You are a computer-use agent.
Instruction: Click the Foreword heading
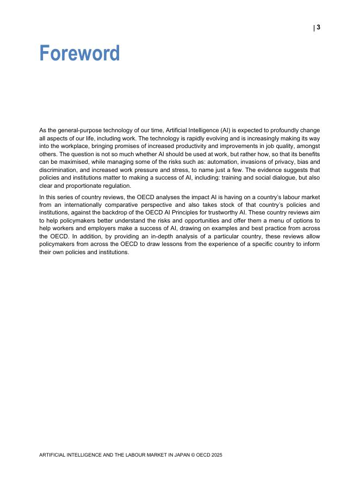click(x=79, y=53)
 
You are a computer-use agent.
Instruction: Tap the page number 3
click(x=319, y=27)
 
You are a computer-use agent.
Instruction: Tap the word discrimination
click(x=58, y=170)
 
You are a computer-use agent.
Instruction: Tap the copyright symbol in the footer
click(x=194, y=455)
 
